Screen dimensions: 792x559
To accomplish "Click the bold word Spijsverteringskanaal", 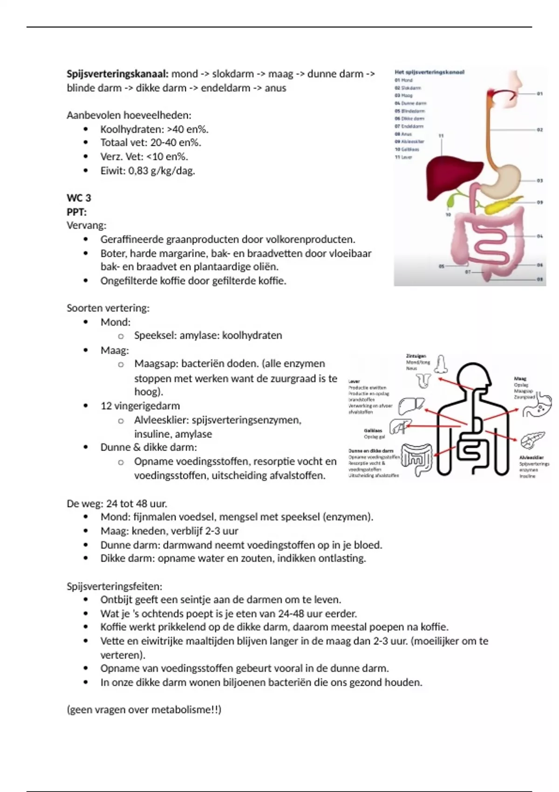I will click(117, 74).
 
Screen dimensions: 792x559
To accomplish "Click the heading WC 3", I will click(79, 198).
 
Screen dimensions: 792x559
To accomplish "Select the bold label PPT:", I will click(76, 212).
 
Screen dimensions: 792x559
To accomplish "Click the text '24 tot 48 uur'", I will click(136, 504).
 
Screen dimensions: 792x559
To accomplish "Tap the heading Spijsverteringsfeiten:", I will click(115, 586).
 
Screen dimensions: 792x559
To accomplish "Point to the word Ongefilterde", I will click(131, 280).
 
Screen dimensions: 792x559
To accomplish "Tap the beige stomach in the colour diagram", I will click(505, 180).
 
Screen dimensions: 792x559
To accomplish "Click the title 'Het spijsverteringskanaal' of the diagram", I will click(429, 72).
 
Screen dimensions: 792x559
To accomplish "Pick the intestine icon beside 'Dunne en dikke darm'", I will click(417, 459).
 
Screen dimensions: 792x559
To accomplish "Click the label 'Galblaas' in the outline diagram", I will click(373, 431).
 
